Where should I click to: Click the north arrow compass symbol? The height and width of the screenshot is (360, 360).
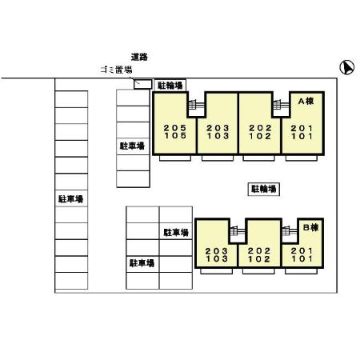click(x=346, y=67)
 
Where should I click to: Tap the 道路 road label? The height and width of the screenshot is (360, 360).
click(x=139, y=57)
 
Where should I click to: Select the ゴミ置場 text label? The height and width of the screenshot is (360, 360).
click(x=116, y=70)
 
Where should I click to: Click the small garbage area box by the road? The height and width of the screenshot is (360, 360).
click(x=142, y=84)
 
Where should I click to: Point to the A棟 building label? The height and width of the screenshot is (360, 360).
click(x=306, y=101)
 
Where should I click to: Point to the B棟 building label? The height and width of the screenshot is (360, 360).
click(x=311, y=227)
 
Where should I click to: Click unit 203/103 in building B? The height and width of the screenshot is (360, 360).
click(x=216, y=254)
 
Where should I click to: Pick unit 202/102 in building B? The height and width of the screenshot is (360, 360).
click(x=259, y=254)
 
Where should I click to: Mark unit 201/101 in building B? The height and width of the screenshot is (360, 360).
click(x=302, y=254)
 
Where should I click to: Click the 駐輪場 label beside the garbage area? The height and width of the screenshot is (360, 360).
click(x=170, y=86)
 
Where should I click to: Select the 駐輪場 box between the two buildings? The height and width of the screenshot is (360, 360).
click(x=264, y=189)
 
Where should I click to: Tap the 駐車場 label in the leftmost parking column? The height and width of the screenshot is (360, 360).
click(x=71, y=198)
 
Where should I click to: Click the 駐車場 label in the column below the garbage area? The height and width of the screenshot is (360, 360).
click(x=132, y=146)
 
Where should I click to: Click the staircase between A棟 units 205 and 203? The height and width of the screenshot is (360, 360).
click(x=197, y=104)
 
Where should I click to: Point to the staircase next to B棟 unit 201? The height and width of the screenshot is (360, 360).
click(x=290, y=230)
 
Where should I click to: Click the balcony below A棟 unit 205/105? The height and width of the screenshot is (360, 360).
click(x=175, y=158)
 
